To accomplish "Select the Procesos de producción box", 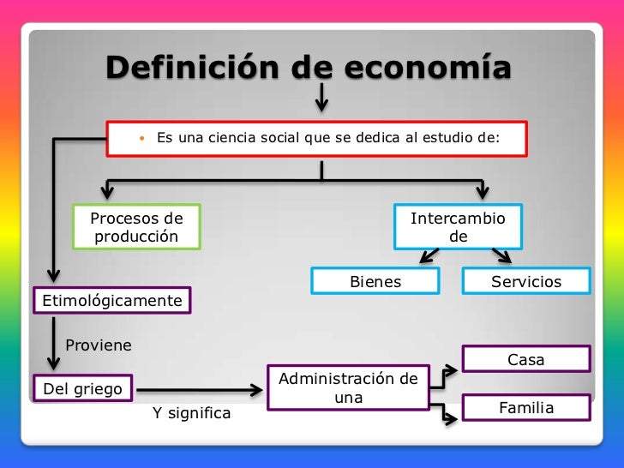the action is [137, 226].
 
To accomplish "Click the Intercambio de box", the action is [458, 226].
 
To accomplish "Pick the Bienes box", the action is [375, 282].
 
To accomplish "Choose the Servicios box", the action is [526, 282].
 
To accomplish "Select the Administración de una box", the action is [349, 388].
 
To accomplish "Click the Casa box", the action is [526, 360].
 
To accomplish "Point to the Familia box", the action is [526, 408].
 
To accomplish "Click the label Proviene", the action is [99, 345].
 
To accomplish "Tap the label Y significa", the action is [192, 413].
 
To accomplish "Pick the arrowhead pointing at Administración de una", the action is [256, 392].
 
